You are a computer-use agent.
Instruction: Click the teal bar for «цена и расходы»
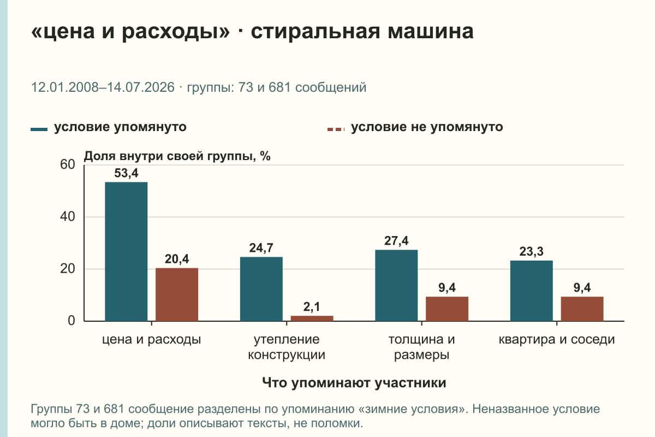click(126, 252)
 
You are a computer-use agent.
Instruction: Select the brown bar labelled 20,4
click(177, 294)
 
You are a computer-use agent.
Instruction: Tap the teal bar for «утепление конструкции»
click(261, 289)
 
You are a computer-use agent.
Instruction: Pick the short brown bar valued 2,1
click(312, 318)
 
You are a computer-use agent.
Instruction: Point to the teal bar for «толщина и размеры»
click(396, 285)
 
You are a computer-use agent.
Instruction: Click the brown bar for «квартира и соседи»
click(582, 309)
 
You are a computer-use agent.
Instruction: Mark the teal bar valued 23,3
click(531, 291)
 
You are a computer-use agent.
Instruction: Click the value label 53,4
click(126, 173)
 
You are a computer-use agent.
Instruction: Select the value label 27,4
click(396, 241)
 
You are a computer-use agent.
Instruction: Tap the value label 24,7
click(261, 248)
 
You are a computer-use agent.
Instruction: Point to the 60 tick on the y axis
click(68, 164)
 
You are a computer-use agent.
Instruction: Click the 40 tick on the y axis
click(68, 217)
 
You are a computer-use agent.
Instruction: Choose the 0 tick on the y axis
click(72, 321)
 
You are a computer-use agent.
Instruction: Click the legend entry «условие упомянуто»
click(120, 127)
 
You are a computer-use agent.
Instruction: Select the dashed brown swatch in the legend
click(336, 129)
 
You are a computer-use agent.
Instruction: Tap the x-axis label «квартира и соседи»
click(556, 340)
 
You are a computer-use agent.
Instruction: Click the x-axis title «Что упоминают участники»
click(354, 382)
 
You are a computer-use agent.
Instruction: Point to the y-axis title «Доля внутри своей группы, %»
click(177, 156)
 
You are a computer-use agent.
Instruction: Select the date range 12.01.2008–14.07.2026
click(103, 87)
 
